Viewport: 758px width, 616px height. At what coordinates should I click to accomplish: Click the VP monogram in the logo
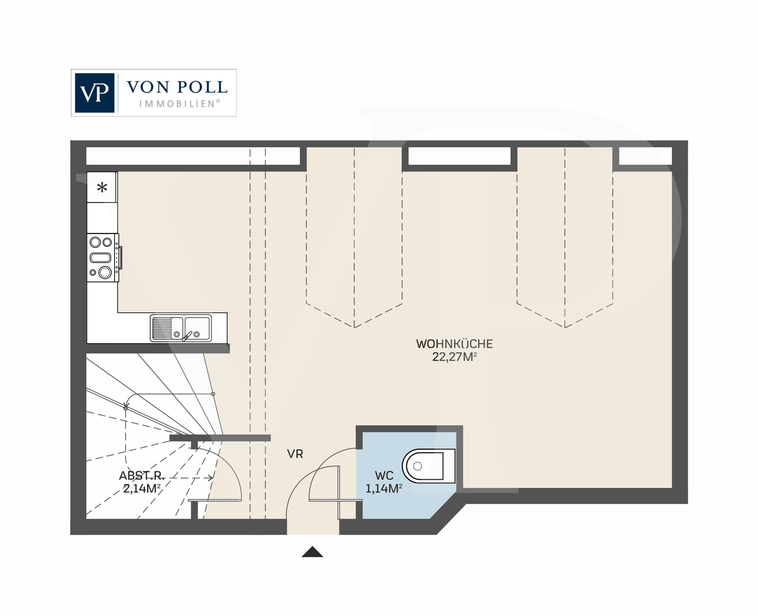click(x=94, y=93)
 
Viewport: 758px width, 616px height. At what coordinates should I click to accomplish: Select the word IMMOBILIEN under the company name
click(x=178, y=104)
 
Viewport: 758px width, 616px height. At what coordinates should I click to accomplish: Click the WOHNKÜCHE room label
click(x=454, y=344)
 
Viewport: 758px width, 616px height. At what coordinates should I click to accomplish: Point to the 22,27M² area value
click(x=454, y=357)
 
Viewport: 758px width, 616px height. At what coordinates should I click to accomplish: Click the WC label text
click(x=384, y=475)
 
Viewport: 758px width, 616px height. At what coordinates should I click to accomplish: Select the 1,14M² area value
click(x=384, y=489)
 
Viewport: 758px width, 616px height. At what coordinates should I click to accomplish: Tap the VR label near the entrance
click(x=295, y=454)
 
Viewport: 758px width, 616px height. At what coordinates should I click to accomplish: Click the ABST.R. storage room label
click(x=142, y=475)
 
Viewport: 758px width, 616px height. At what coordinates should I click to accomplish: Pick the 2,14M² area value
click(x=142, y=489)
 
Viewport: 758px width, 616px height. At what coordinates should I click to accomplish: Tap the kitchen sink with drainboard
click(x=181, y=328)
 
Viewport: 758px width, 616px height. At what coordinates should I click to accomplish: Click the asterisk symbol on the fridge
click(x=102, y=188)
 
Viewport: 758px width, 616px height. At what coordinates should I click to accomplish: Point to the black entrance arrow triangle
click(x=312, y=552)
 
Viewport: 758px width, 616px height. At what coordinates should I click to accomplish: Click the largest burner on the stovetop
click(x=105, y=272)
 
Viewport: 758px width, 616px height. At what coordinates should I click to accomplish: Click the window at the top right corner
click(x=645, y=156)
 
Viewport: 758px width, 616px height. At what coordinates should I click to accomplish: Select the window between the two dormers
click(x=459, y=156)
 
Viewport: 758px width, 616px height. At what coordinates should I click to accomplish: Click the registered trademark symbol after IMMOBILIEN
click(x=218, y=101)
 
